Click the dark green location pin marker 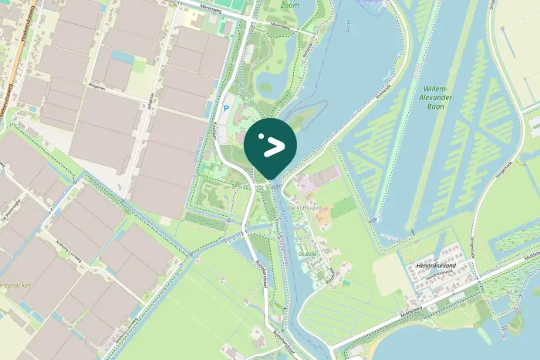(270, 144)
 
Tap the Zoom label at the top (290, 5)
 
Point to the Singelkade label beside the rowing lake (506, 166)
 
